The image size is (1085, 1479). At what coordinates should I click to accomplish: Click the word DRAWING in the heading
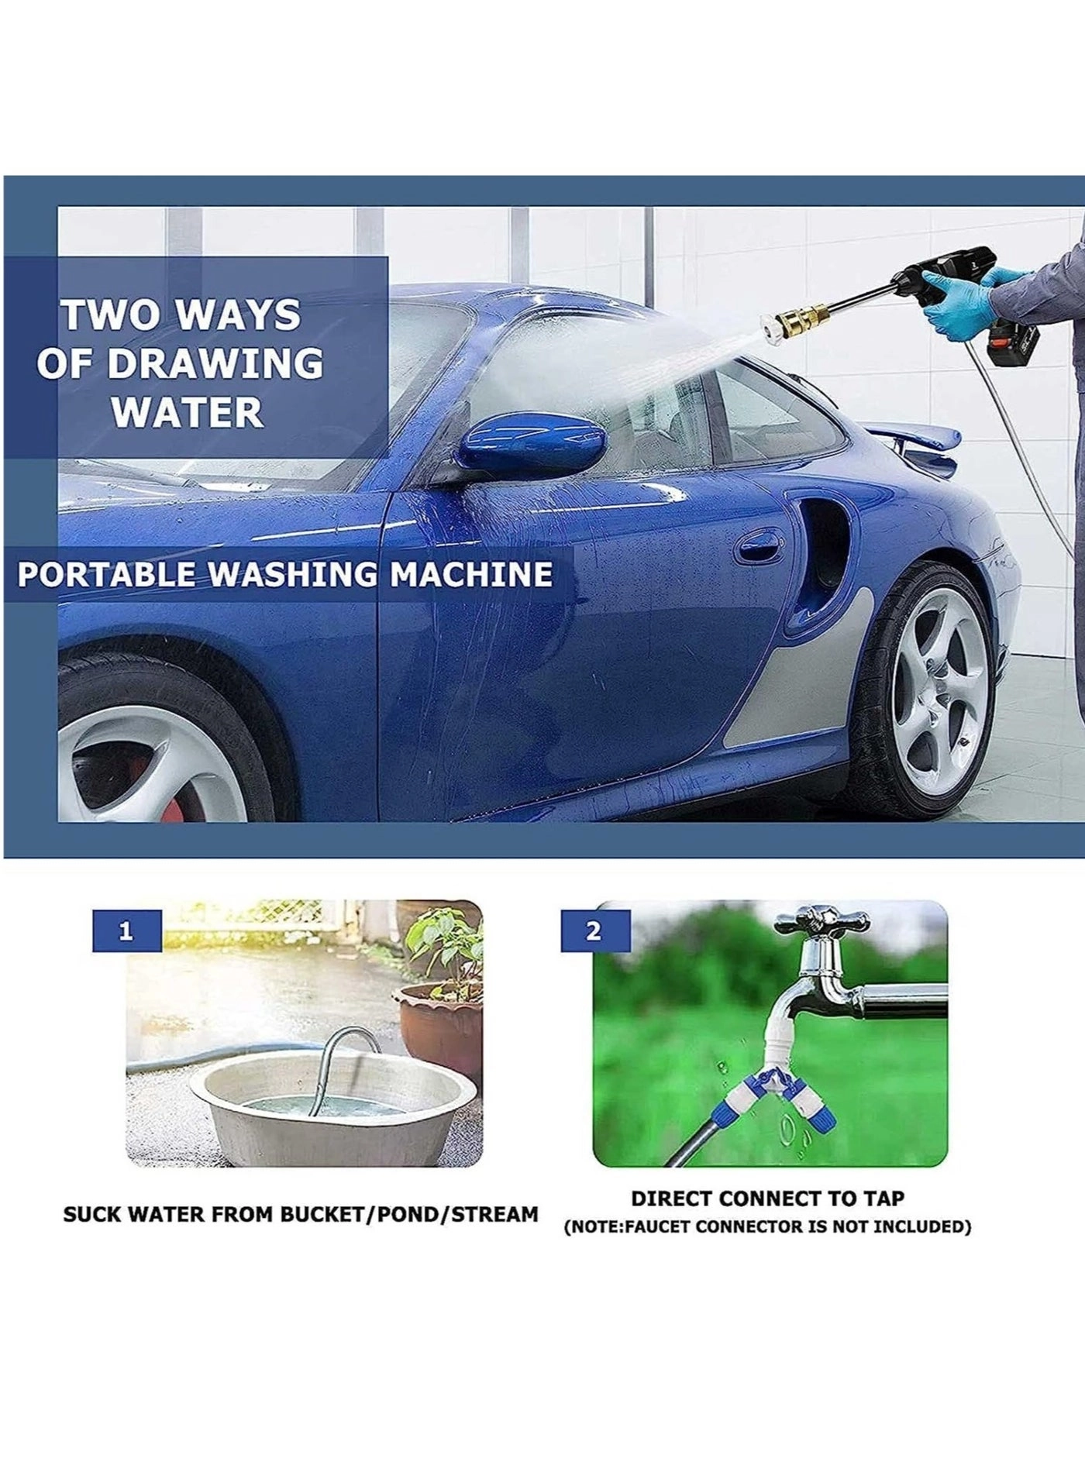(215, 364)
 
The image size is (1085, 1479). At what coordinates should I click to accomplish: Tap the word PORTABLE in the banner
(106, 575)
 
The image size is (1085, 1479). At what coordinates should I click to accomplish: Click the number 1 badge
(126, 930)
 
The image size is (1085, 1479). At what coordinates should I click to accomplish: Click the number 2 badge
(594, 930)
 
